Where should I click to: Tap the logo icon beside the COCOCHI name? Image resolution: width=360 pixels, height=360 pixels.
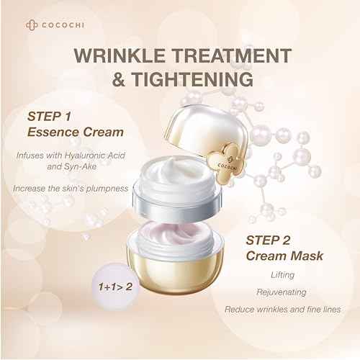click(30, 24)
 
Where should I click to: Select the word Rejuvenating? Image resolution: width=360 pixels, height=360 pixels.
click(277, 294)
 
